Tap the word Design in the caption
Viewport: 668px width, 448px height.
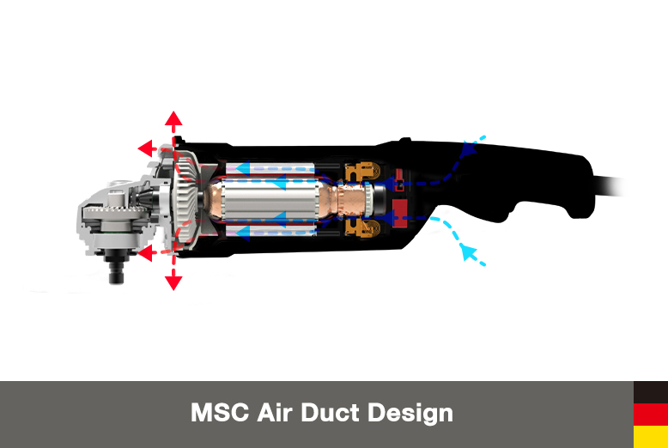point(410,413)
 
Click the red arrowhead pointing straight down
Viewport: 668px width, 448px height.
point(173,282)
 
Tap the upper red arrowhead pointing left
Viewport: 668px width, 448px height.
point(145,148)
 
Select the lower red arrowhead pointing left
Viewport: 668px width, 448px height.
point(145,253)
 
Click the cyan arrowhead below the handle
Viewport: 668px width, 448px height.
point(468,251)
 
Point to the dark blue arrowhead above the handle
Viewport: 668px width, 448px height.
point(468,149)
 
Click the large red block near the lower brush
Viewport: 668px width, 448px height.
point(398,210)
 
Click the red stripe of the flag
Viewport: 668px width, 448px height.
point(651,415)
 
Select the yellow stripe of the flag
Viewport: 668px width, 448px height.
point(651,437)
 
